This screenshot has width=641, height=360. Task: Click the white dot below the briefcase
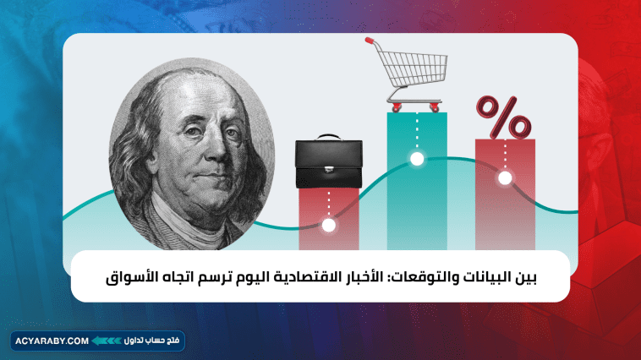tap(329, 225)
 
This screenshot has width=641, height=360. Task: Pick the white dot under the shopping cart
tap(416, 158)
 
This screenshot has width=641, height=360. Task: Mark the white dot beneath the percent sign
tap(505, 178)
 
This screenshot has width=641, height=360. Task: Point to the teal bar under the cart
tap(416, 203)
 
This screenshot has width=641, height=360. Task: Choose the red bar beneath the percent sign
tap(505, 211)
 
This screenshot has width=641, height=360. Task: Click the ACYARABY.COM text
tap(52, 341)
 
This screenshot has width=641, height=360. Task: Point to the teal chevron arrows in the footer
tap(107, 341)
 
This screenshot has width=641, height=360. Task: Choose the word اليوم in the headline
tap(259, 276)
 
